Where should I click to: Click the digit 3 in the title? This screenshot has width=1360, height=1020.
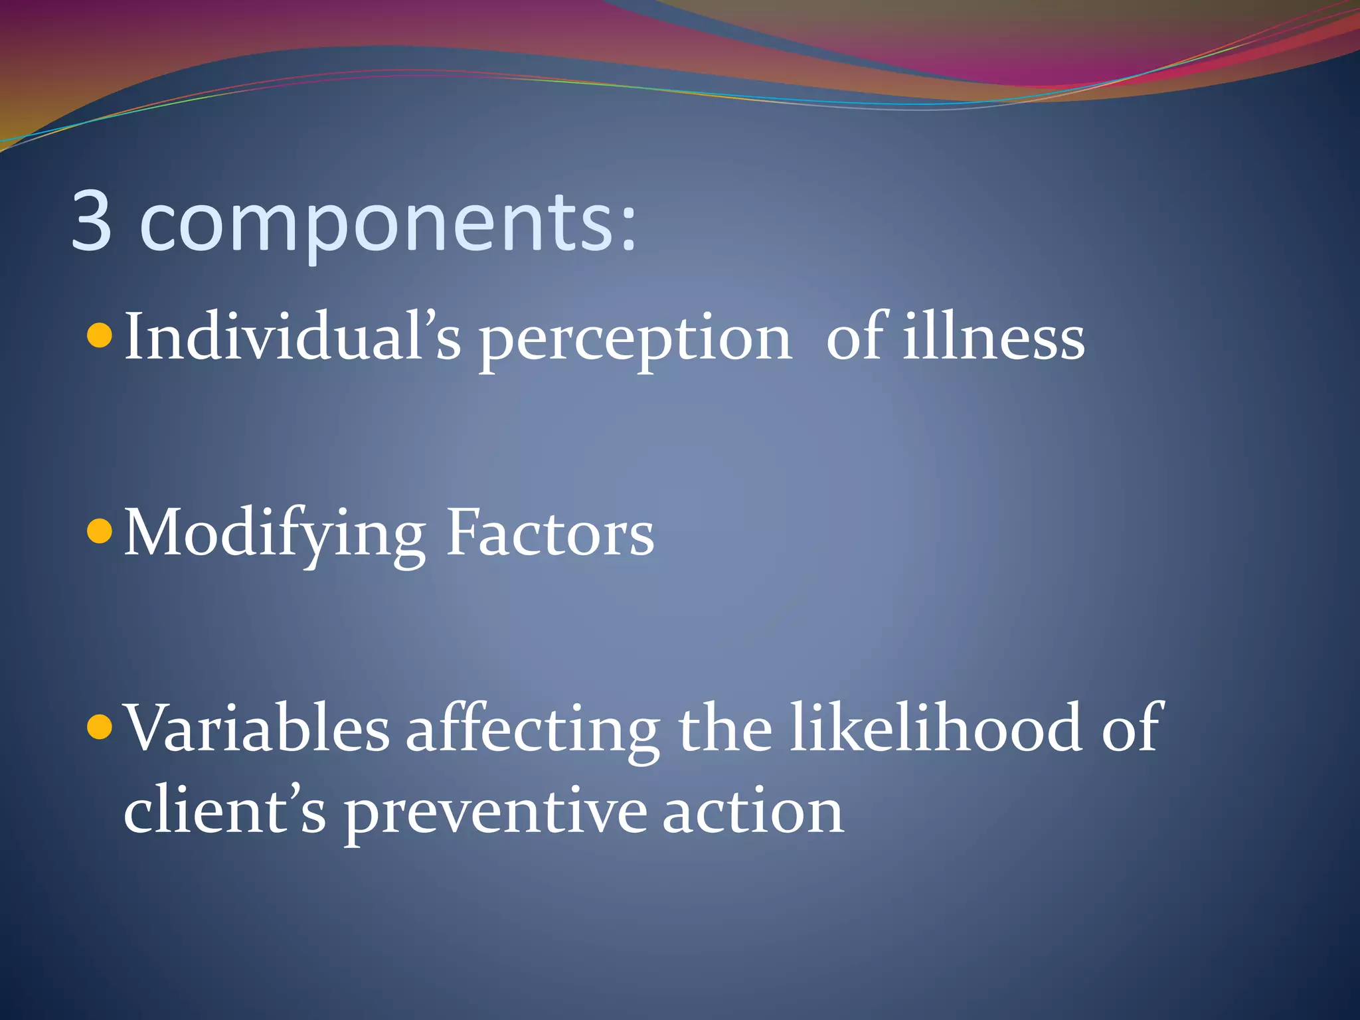[91, 220]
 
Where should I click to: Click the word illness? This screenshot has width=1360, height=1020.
[993, 337]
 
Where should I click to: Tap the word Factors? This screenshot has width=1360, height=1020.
[550, 533]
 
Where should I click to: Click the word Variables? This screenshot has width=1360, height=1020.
[258, 728]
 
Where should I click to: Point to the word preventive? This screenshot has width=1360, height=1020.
[495, 815]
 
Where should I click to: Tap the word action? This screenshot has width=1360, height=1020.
[753, 811]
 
